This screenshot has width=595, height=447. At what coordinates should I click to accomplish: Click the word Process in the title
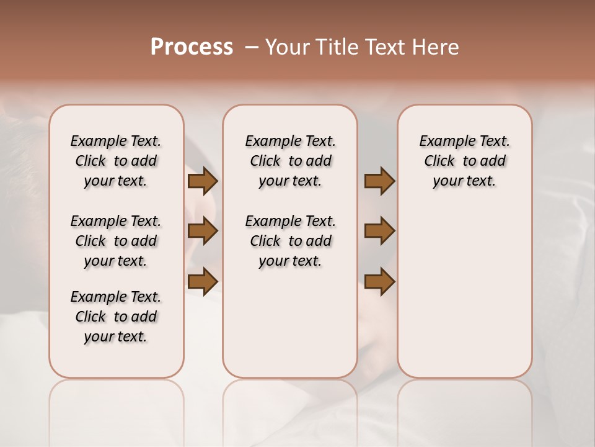click(192, 47)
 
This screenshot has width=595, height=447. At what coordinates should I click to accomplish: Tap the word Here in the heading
click(437, 47)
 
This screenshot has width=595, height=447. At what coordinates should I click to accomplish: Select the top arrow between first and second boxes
click(202, 181)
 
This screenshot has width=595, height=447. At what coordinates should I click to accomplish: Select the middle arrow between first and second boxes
click(202, 231)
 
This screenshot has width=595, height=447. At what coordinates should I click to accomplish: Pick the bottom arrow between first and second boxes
click(202, 282)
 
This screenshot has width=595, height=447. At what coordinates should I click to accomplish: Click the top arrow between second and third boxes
click(379, 181)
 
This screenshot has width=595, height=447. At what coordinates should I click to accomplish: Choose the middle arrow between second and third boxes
click(379, 231)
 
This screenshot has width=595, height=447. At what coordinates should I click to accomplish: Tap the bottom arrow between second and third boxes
click(379, 282)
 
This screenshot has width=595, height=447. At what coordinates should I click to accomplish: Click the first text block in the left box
click(116, 161)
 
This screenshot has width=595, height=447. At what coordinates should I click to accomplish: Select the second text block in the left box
click(116, 241)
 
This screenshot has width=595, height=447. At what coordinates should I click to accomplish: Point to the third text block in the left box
click(116, 317)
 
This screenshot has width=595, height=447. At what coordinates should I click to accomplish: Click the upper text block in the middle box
click(290, 161)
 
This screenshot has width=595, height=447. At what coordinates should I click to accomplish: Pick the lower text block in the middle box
click(290, 241)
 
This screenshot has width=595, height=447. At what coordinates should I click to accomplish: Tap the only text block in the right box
click(464, 161)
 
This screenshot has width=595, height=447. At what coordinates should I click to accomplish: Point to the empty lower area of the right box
click(464, 292)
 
